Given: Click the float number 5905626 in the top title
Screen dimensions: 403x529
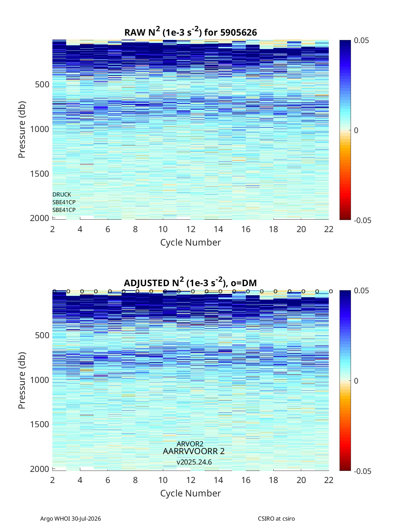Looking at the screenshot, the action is click(x=238, y=33).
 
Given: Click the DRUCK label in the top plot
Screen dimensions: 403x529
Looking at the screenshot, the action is click(x=62, y=194).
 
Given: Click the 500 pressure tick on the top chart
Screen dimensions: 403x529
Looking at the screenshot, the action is click(x=42, y=85).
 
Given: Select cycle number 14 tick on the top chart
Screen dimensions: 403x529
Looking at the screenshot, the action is click(x=218, y=229).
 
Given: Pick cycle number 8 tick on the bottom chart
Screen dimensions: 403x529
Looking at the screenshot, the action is click(x=135, y=480).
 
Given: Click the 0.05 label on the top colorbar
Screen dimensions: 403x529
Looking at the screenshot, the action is click(x=361, y=41).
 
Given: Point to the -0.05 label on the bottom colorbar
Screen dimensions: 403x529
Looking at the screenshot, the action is click(x=362, y=471).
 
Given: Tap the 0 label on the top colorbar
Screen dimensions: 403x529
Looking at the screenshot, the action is click(x=356, y=130).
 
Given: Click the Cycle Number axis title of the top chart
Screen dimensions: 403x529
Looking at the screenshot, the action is click(x=190, y=243).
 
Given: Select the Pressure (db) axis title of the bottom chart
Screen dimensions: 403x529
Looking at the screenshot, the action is click(x=22, y=381).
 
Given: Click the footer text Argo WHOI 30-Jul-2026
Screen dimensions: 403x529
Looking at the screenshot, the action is click(x=71, y=519).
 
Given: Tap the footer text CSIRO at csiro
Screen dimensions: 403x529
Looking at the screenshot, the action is click(x=276, y=519).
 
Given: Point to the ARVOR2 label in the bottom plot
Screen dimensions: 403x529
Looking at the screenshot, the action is click(x=190, y=444).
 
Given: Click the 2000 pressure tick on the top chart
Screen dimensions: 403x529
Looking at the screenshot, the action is click(x=40, y=218).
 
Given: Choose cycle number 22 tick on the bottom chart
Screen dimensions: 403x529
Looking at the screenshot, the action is click(x=329, y=480).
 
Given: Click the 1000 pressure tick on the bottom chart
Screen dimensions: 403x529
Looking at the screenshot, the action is click(x=40, y=380).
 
